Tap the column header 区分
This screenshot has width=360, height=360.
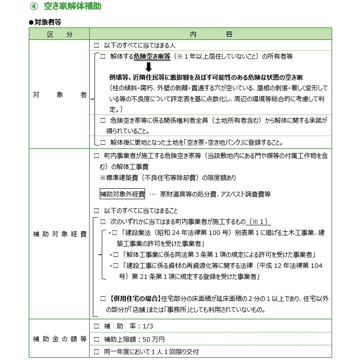click(59, 34)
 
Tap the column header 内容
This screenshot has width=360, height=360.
click(210, 34)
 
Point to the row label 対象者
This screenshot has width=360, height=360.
click(59, 96)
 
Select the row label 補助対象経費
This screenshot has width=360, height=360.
click(59, 234)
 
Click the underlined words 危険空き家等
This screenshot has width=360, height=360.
click(152, 56)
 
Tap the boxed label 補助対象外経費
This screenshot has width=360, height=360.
click(122, 194)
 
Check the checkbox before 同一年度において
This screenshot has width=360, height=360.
click(96, 352)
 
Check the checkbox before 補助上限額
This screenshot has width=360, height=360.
click(96, 339)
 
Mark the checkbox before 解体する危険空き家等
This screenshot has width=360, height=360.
click(103, 56)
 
